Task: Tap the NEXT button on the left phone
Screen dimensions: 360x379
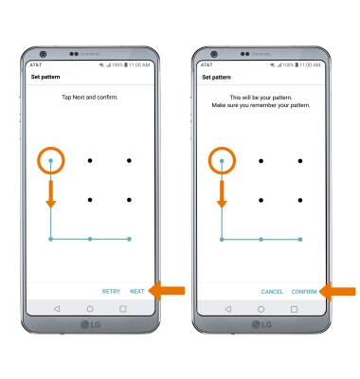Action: pos(137,291)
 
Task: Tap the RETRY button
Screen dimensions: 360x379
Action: pos(111,291)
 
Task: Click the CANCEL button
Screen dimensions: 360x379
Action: pos(272,292)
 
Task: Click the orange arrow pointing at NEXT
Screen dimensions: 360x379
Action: pos(167,291)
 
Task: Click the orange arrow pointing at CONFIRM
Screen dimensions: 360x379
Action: pos(337,291)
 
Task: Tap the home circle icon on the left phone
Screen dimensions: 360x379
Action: pos(90,309)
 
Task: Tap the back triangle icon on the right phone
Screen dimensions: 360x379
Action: pos(228,309)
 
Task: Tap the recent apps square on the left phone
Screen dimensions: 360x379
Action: pos(123,309)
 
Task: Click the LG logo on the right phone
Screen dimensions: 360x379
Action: pos(261,325)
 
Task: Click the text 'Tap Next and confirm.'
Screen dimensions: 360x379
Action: pos(90,98)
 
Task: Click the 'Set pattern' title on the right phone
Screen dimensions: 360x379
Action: pos(216,77)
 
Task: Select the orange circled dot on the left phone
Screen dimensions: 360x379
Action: pos(51,160)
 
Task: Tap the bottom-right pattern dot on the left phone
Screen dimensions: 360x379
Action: pos(129,239)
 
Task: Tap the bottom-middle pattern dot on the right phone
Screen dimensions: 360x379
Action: pos(261,240)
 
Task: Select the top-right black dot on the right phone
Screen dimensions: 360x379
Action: pos(300,161)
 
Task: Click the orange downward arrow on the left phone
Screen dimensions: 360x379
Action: pos(51,194)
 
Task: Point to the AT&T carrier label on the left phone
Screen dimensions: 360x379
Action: pos(36,64)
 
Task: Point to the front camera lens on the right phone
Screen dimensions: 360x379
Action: pos(214,54)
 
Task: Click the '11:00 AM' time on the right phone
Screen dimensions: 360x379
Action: pos(310,64)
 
